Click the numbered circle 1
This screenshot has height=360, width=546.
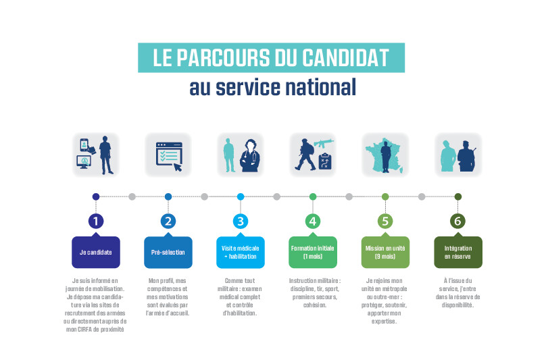click(96, 221)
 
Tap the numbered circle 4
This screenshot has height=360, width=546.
click(313, 221)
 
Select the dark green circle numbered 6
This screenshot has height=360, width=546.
click(457, 221)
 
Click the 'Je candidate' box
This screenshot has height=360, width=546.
click(96, 252)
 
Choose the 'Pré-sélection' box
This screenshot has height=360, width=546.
click(168, 252)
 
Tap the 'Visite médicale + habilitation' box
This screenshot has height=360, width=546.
click(241, 252)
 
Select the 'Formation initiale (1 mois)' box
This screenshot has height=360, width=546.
click(313, 252)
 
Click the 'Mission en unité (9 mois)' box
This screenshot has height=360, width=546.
click(385, 252)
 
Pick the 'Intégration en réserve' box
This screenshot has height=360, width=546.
click(458, 252)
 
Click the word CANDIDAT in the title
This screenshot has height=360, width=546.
click(345, 58)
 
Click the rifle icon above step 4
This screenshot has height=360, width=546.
click(324, 143)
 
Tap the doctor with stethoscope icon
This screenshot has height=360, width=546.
click(250, 155)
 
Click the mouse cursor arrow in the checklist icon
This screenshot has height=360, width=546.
click(178, 167)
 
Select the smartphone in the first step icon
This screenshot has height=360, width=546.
click(84, 145)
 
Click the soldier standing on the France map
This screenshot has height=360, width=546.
click(385, 157)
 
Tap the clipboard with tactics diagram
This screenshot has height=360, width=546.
click(325, 161)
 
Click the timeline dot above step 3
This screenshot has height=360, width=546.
click(241, 197)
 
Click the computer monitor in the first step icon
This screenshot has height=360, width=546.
click(84, 162)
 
